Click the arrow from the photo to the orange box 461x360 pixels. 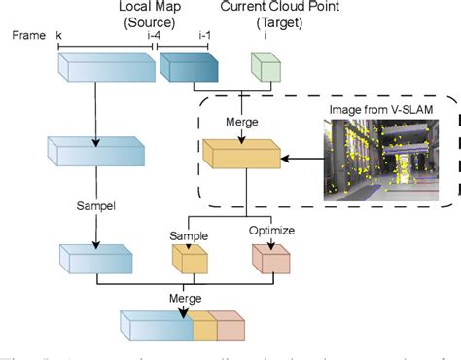click(x=301, y=155)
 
